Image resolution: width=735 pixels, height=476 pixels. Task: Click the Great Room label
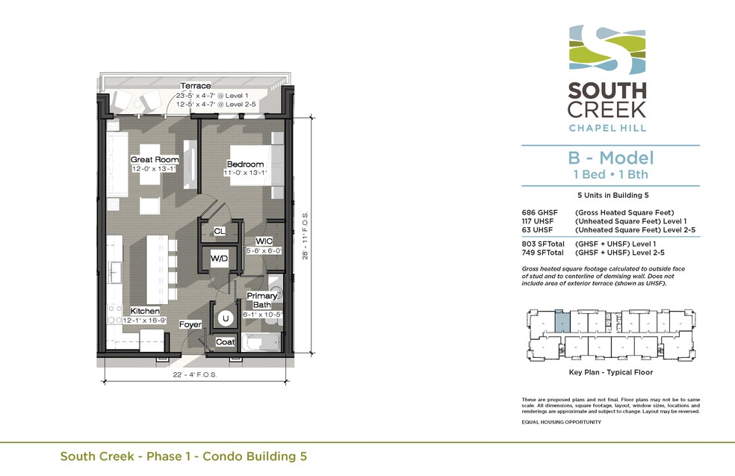(x=155, y=159)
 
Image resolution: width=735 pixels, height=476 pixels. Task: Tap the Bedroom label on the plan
(x=245, y=164)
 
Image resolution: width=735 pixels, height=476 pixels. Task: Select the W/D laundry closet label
(x=219, y=259)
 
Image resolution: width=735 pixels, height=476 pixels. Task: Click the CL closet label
(x=219, y=231)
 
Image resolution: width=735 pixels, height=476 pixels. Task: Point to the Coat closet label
(x=225, y=342)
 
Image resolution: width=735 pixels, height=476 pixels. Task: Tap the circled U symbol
(x=226, y=318)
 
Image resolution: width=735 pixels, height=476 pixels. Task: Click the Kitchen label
(x=145, y=311)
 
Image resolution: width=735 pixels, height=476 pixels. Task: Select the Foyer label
(x=190, y=324)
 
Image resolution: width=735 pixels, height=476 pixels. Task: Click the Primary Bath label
(x=262, y=300)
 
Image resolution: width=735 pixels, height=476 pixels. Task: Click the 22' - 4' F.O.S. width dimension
(x=195, y=374)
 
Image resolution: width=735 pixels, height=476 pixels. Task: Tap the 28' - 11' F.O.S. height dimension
(x=306, y=236)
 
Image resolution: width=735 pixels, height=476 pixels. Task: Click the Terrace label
(x=196, y=86)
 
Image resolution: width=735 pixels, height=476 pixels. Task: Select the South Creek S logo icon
(x=607, y=50)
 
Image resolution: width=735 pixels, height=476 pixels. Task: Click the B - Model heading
(x=611, y=158)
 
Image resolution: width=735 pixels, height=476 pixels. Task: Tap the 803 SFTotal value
(x=543, y=244)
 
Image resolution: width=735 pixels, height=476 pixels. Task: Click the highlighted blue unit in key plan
(x=562, y=321)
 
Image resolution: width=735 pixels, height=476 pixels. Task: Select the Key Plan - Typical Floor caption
(x=611, y=372)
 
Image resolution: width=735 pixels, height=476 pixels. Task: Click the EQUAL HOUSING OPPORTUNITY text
(x=561, y=422)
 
